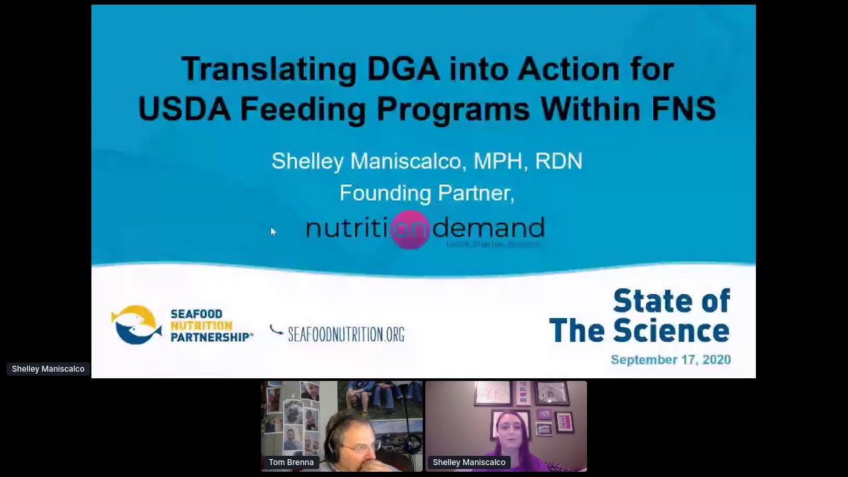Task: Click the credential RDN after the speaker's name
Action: pos(558,161)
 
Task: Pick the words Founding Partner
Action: pos(427,193)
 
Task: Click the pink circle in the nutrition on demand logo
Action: pos(410,229)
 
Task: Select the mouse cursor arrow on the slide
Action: pos(272,231)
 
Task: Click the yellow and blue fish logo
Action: pos(136,325)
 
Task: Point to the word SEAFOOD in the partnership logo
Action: pos(196,314)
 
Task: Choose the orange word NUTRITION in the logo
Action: pos(201,325)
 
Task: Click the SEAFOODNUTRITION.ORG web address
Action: pos(346,335)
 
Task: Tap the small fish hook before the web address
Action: pos(276,330)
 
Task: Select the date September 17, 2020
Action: pos(670,360)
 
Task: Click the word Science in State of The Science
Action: pos(671,330)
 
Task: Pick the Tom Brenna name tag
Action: pos(291,462)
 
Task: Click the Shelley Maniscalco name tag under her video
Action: pos(469,462)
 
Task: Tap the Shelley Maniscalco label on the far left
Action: pos(48,369)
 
